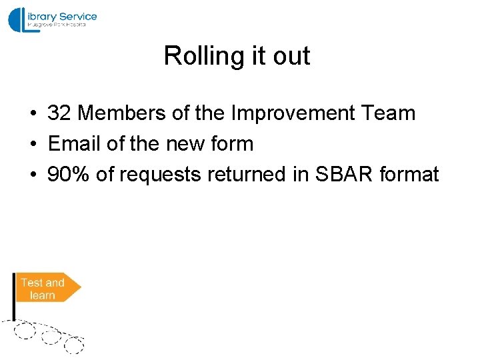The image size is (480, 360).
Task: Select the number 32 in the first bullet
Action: (x=59, y=113)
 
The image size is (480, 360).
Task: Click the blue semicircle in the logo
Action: (x=15, y=19)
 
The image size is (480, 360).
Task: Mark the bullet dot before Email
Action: (x=33, y=145)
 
